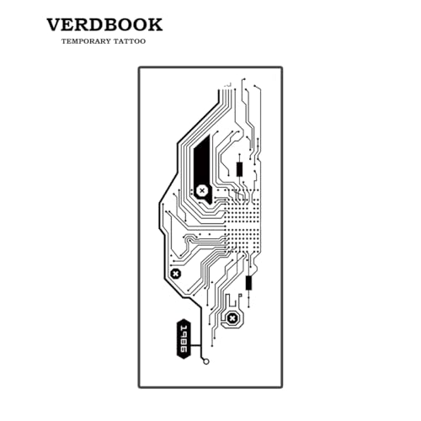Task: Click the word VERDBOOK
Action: [x=104, y=24]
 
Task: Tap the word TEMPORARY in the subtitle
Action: [x=86, y=41]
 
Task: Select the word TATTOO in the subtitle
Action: [x=130, y=41]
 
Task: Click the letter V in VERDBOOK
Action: [x=54, y=24]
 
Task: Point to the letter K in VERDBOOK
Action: [x=155, y=24]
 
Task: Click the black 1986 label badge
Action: [x=184, y=338]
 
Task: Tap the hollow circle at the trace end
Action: [x=206, y=362]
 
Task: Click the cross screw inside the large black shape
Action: [x=202, y=191]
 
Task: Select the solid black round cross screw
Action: [x=176, y=274]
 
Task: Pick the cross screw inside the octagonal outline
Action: [x=232, y=319]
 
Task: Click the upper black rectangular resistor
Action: [x=239, y=169]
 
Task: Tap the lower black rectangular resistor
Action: [x=248, y=283]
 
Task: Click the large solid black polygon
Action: [x=202, y=166]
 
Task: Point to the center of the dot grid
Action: [x=242, y=221]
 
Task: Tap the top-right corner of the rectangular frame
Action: [x=281, y=67]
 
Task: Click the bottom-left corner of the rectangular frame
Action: [x=139, y=386]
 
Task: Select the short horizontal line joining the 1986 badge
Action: [x=196, y=345]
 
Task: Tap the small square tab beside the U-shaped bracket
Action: [x=240, y=296]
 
